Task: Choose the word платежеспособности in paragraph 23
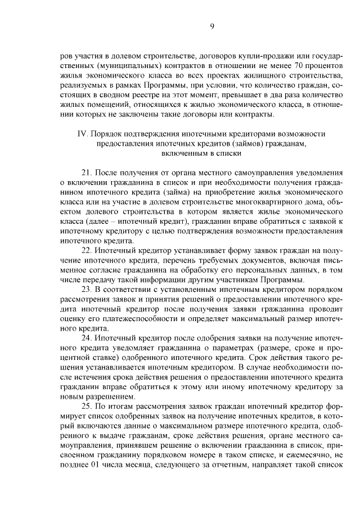pos(134,318)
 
